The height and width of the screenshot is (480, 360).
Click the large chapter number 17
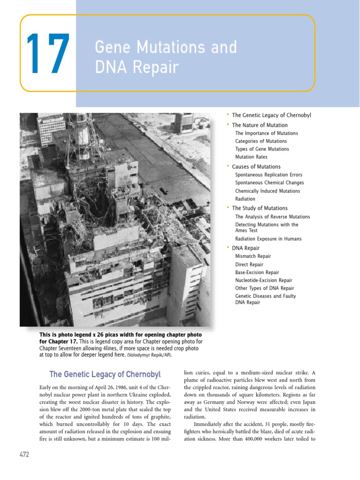pos(48,54)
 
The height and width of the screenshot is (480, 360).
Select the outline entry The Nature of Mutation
pos(260,125)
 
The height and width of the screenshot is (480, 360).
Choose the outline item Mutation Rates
pos(251,157)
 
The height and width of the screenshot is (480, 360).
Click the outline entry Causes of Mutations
pos(256,166)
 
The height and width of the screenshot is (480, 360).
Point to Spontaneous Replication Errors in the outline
pos(269,175)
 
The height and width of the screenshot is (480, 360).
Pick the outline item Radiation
pos(245,199)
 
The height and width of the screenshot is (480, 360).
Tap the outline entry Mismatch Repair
pos(253,256)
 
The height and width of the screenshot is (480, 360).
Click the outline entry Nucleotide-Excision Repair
pos(263,280)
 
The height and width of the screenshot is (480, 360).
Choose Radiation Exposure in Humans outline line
pos(268,239)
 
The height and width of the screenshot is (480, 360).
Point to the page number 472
pos(24,454)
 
